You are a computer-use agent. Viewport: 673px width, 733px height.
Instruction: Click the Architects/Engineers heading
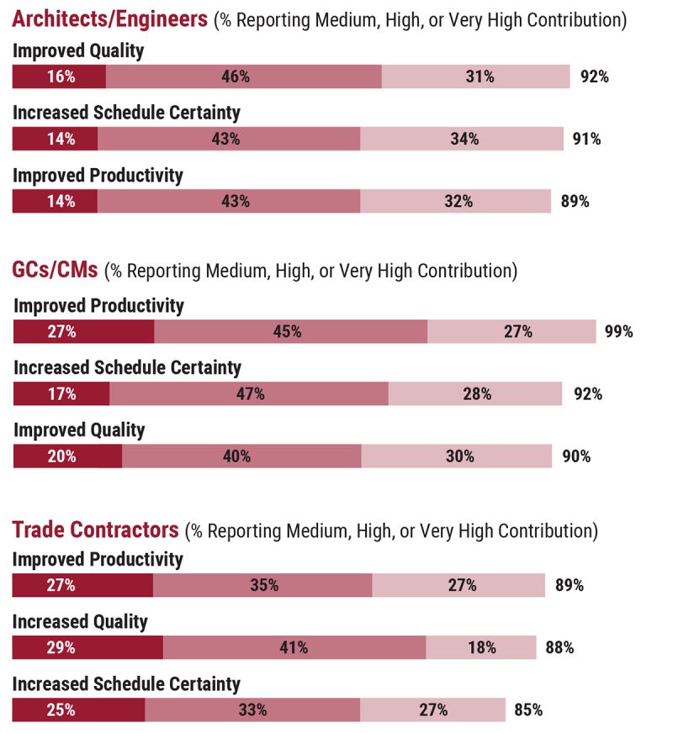pyautogui.click(x=110, y=19)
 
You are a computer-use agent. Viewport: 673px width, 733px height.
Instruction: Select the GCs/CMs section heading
pyautogui.click(x=56, y=271)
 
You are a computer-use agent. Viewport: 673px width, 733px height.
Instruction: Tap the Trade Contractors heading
pyautogui.click(x=95, y=530)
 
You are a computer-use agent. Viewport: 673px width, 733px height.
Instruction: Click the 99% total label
pyautogui.click(x=618, y=331)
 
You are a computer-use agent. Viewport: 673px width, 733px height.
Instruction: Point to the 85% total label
pyautogui.click(x=527, y=709)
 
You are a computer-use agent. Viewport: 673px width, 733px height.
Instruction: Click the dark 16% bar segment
pyautogui.click(x=60, y=76)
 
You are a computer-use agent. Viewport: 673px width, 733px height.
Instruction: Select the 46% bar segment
pyautogui.click(x=244, y=76)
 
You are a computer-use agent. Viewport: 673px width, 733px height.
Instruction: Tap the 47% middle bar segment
pyautogui.click(x=249, y=393)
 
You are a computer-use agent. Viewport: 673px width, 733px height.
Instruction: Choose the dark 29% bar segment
pyautogui.click(x=87, y=647)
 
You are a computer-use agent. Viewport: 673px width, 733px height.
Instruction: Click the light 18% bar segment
pyautogui.click(x=481, y=647)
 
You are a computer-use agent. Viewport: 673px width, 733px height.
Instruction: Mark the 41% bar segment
pyautogui.click(x=294, y=647)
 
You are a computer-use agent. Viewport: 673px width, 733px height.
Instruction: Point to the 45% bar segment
pyautogui.click(x=291, y=331)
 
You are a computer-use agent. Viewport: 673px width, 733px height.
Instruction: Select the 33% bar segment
pyautogui.click(x=252, y=709)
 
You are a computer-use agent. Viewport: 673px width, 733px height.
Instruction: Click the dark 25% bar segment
pyautogui.click(x=78, y=709)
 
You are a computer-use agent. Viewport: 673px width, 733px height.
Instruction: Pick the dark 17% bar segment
pyautogui.click(x=61, y=393)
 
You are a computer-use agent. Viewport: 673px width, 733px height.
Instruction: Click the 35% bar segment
pyautogui.click(x=262, y=585)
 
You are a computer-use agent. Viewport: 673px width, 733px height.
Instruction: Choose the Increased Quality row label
pyautogui.click(x=80, y=622)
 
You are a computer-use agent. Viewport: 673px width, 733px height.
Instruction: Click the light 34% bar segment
pyautogui.click(x=462, y=139)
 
